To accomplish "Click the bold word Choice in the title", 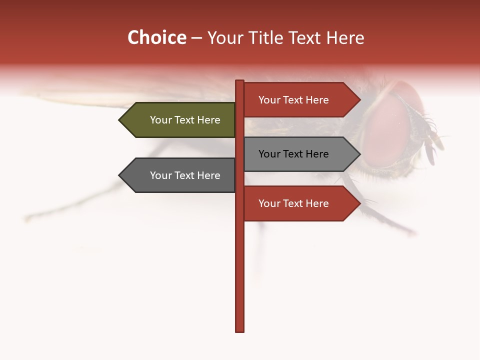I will (156, 37).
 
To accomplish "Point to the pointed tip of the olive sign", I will (120, 120).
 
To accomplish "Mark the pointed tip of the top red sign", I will (359, 100).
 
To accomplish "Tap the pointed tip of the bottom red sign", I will (359, 203).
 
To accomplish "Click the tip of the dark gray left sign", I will (120, 175).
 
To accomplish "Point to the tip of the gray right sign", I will (359, 154).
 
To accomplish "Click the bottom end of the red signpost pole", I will (240, 330).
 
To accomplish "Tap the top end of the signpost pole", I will (240, 81).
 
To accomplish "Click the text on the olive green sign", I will (185, 120).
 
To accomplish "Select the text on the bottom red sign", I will (293, 203).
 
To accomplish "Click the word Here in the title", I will (345, 38).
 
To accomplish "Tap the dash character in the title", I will (196, 38).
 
